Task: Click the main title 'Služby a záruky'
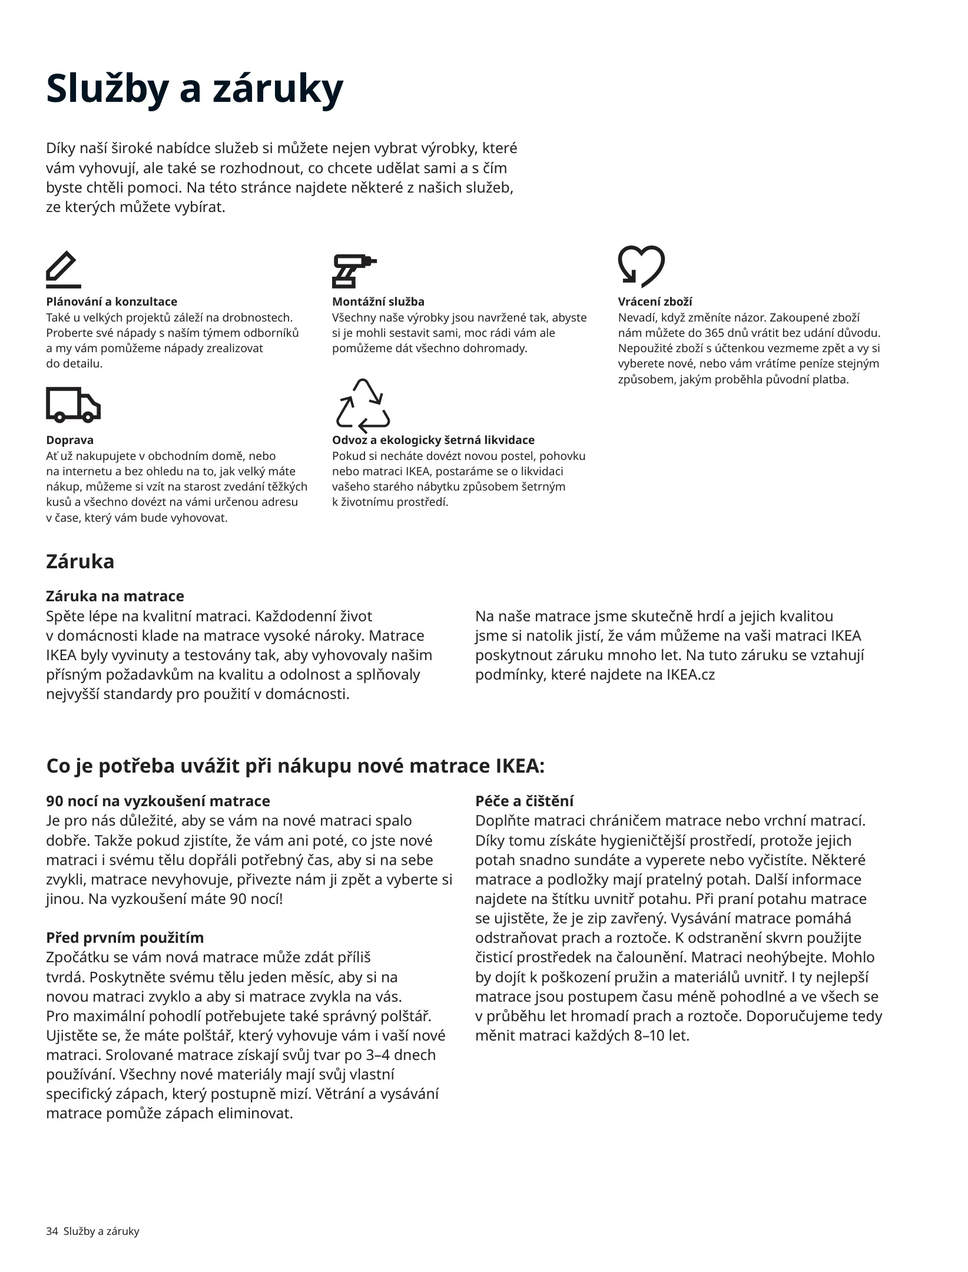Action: pos(194,88)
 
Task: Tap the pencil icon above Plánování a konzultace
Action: pos(63,270)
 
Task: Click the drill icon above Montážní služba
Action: pos(354,271)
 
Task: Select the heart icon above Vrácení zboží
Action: pos(641,266)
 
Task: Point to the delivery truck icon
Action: pos(73,405)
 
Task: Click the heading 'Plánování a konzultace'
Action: pos(111,302)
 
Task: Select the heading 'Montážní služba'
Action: pos(378,302)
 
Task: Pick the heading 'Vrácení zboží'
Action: pos(655,302)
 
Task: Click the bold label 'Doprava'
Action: pos(69,440)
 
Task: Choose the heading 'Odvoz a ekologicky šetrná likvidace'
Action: pos(433,440)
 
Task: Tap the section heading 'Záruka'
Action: pos(80,562)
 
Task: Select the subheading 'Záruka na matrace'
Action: pos(115,597)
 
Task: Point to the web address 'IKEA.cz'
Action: pos(690,675)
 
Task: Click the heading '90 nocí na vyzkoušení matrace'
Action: pos(158,801)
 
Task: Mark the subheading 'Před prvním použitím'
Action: pos(125,938)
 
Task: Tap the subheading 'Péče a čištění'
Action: pos(524,801)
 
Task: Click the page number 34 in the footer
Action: pos(52,1232)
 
